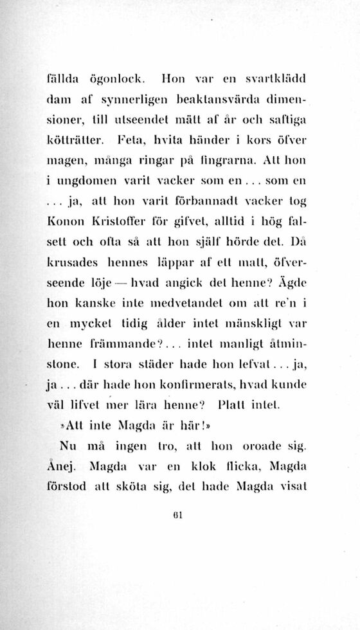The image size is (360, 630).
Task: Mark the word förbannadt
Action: [x=201, y=201]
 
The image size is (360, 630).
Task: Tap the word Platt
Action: [x=231, y=406]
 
